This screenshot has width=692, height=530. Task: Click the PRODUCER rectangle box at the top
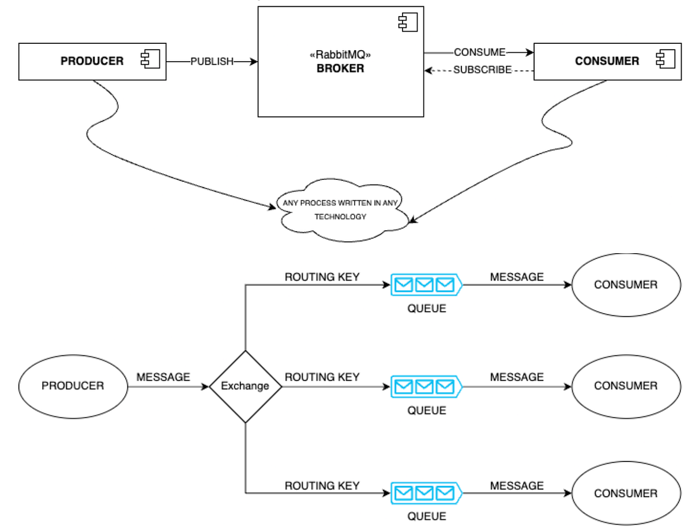click(92, 61)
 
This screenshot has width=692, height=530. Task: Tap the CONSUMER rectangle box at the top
click(607, 61)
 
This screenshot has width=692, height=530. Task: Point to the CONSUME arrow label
click(479, 52)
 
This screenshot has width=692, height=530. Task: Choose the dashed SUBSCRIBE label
click(482, 70)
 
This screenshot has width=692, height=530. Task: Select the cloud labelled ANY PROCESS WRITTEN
click(340, 210)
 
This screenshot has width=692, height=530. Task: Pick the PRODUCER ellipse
click(73, 386)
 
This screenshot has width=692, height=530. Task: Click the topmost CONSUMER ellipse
click(626, 285)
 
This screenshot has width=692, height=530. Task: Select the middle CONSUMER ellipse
click(626, 386)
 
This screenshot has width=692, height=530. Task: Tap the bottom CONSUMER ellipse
click(626, 494)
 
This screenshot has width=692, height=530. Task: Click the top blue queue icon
click(426, 285)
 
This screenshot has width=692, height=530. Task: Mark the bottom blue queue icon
click(426, 493)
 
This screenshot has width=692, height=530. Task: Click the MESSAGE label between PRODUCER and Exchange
click(163, 377)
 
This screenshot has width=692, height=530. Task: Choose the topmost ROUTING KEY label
click(322, 277)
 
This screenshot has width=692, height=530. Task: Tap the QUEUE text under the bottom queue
click(427, 516)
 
